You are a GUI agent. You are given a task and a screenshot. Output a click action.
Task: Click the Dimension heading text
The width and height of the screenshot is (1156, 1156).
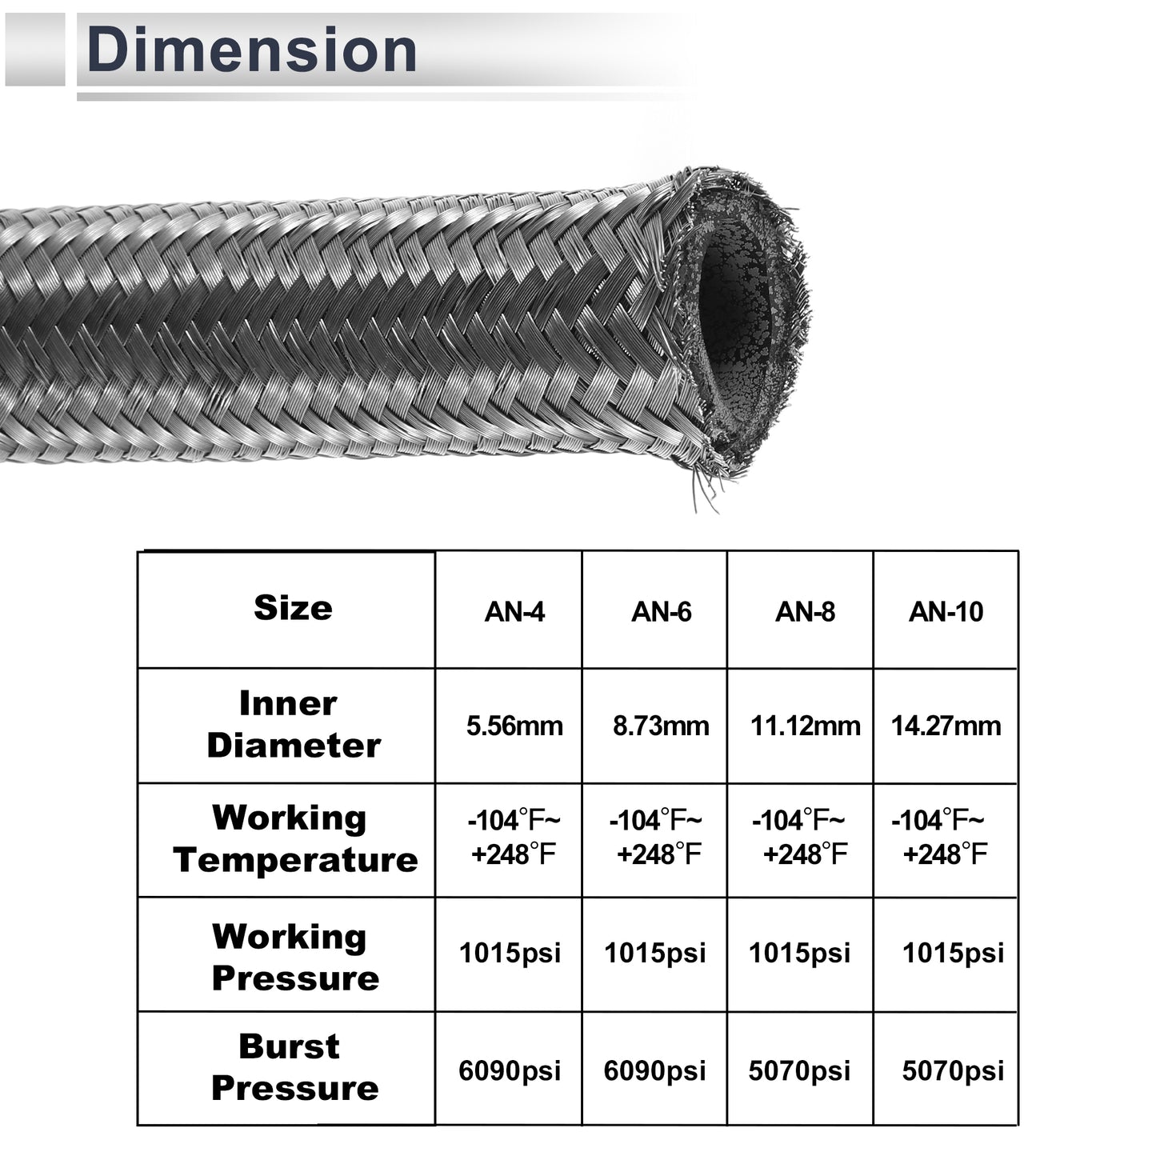(251, 50)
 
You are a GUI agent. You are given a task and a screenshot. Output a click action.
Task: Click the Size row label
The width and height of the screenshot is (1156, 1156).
(293, 608)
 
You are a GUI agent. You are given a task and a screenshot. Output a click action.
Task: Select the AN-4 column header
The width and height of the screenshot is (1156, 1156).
(514, 612)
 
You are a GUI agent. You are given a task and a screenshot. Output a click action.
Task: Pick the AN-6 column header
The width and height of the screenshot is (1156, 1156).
(661, 612)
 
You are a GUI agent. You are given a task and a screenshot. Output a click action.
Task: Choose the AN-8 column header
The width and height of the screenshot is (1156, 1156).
(805, 612)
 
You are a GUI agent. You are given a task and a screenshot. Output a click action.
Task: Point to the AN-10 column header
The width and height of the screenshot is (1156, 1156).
(946, 612)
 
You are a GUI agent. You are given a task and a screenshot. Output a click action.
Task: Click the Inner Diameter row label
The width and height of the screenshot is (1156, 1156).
(294, 724)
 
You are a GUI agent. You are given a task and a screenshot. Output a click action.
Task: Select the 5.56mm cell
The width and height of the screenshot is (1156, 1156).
(514, 726)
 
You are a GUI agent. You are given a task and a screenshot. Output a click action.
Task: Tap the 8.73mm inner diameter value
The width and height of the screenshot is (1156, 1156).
(661, 726)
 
